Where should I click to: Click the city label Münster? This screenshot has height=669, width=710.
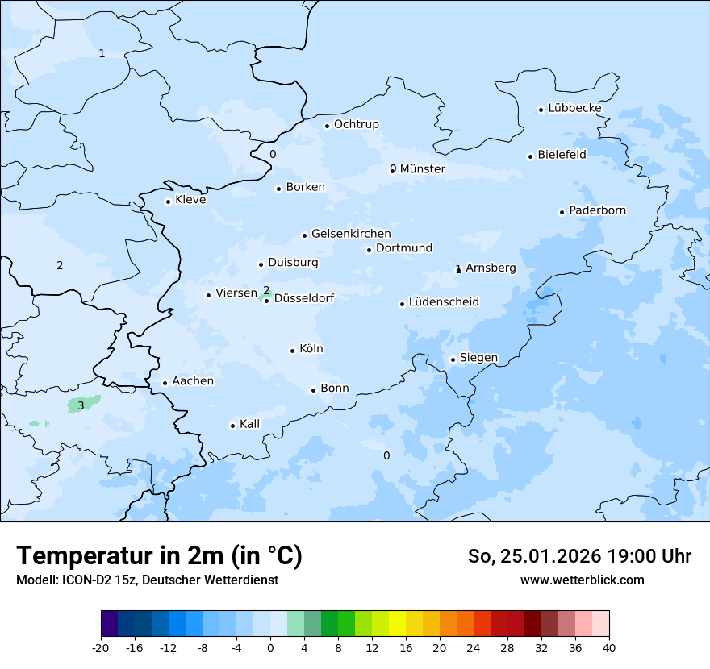422,169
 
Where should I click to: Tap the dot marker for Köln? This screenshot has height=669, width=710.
292,351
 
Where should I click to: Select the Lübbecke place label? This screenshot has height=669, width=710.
574,108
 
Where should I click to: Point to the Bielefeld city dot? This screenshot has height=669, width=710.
531,156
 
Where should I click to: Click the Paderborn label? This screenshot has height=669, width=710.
597,210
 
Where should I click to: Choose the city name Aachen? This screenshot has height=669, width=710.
193,381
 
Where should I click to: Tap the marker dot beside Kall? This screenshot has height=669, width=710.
232,426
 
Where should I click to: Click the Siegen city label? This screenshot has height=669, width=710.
478,358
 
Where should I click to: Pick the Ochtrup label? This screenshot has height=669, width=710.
356,124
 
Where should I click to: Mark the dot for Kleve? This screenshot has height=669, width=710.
168,202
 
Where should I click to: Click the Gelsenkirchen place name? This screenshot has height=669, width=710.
351,234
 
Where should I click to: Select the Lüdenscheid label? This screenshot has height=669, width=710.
444,302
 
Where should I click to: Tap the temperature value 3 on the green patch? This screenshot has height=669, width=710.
81,405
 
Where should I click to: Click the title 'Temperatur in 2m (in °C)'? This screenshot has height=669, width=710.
160,556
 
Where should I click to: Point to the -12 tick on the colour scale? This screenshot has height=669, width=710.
168,648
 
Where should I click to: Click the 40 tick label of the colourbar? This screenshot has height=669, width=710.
609,648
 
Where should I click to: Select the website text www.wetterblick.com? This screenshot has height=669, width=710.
583,580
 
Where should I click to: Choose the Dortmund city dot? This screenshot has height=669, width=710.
369,250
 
